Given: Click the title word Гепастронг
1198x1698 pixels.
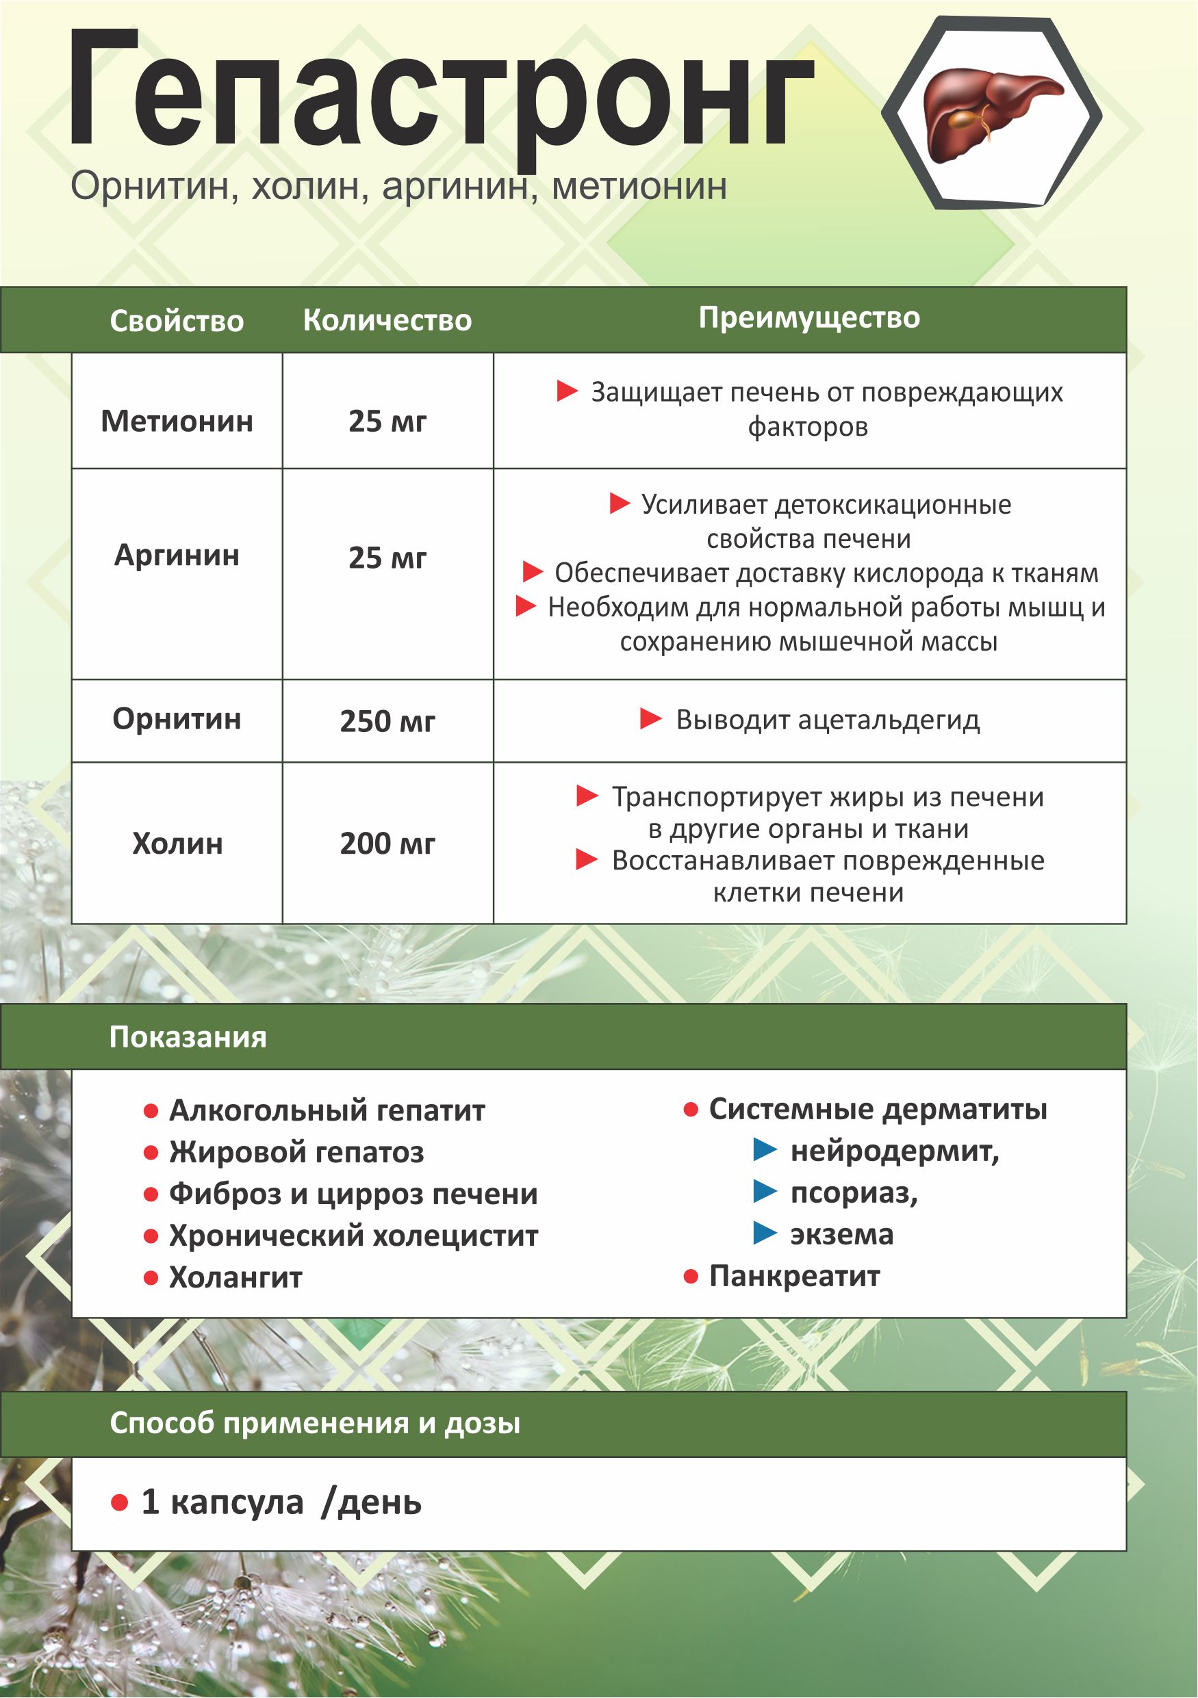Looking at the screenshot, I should (441, 92).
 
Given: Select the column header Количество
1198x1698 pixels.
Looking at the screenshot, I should (387, 320).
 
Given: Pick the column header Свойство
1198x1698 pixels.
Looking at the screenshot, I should (177, 321).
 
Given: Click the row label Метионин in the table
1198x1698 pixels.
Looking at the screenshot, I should (177, 421).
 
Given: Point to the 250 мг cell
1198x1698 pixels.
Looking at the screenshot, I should (387, 721).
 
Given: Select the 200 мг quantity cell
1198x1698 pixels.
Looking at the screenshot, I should (387, 843).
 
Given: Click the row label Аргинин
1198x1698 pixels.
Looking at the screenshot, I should (177, 555).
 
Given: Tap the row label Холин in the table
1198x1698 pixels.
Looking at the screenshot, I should (177, 843).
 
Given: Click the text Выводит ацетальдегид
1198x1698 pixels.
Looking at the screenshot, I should (827, 720).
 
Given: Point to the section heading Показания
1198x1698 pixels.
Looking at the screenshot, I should (188, 1037).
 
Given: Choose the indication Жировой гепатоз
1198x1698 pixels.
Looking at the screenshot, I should (296, 1152).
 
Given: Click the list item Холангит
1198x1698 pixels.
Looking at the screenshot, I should (235, 1277).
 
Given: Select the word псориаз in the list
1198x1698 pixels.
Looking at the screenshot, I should (853, 1193).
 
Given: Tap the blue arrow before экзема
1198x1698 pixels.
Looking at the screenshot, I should (765, 1233).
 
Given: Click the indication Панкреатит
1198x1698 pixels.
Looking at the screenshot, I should (794, 1276).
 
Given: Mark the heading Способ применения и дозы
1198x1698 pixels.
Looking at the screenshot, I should (314, 1422).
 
